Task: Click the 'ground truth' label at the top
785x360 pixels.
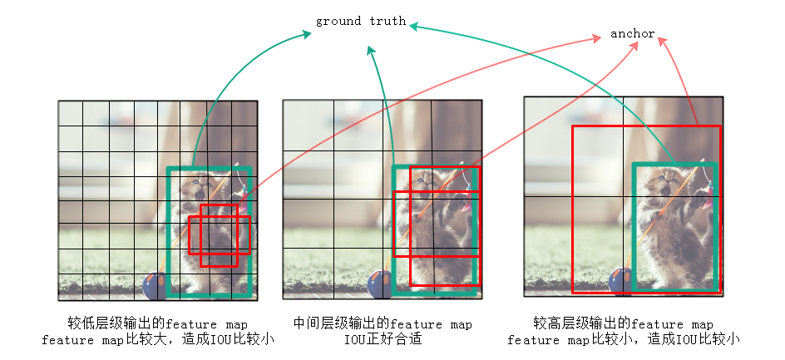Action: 360,21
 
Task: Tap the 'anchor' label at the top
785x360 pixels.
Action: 632,34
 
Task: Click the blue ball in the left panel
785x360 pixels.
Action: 155,286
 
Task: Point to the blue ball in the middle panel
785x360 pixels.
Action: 380,285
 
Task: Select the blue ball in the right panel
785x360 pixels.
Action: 620,281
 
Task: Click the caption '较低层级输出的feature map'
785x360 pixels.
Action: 157,323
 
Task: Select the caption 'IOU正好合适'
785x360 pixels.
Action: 383,339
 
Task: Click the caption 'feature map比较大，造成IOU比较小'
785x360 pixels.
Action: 157,339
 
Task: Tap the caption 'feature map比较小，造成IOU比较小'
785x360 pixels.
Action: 623,339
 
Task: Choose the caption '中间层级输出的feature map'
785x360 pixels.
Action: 383,323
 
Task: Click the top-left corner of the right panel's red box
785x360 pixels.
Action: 572,126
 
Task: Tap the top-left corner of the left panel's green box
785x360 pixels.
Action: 168,169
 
